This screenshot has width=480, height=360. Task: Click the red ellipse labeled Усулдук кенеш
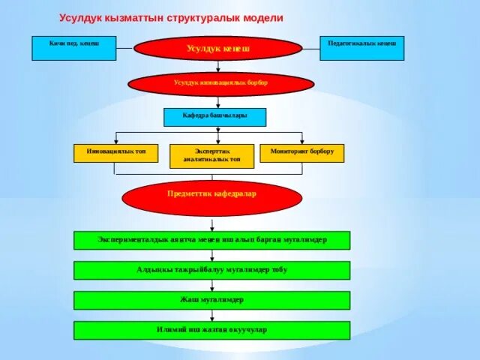pyautogui.click(x=217, y=49)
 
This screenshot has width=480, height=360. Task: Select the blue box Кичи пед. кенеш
pyautogui.click(x=73, y=48)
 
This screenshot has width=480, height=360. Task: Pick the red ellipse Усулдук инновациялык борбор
pyautogui.click(x=220, y=84)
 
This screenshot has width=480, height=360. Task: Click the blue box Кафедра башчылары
pyautogui.click(x=214, y=117)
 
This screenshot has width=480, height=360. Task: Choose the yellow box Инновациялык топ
pyautogui.click(x=116, y=153)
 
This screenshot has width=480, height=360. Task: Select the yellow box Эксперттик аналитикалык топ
pyautogui.click(x=212, y=156)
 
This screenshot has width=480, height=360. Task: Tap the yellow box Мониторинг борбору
pyautogui.click(x=302, y=153)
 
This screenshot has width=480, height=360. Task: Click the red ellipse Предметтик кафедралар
pyautogui.click(x=211, y=197)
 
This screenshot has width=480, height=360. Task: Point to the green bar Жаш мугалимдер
pyautogui.click(x=211, y=300)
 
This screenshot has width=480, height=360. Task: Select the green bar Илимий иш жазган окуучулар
pyautogui.click(x=211, y=330)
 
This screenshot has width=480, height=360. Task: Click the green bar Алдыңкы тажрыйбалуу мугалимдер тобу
pyautogui.click(x=211, y=270)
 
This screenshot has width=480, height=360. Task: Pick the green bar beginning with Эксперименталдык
pyautogui.click(x=211, y=240)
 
